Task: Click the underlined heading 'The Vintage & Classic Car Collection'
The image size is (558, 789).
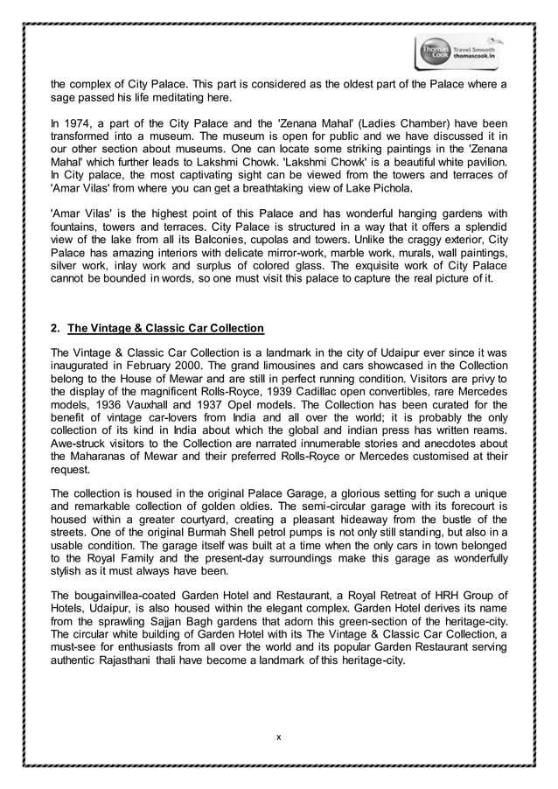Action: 165,329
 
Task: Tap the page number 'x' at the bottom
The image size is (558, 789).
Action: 278,737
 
